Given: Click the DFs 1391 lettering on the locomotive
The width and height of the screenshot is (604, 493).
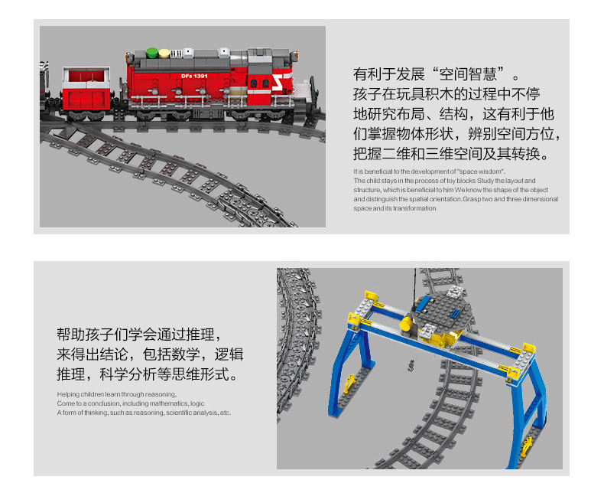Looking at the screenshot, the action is coord(194,76).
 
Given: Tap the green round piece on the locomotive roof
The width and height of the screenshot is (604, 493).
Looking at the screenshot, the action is coord(152,53).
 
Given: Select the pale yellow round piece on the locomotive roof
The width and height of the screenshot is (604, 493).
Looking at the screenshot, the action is coord(164,53).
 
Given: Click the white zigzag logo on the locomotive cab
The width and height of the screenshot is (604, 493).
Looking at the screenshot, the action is coord(278,83).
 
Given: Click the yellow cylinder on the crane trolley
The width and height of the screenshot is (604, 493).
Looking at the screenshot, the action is coord(407,324).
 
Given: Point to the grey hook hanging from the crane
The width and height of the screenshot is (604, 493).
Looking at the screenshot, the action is coord(412,365).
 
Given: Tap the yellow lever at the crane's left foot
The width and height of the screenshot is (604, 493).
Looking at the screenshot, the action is coord(349,384).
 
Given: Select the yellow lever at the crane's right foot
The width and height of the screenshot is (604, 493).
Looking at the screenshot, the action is coord(527,447).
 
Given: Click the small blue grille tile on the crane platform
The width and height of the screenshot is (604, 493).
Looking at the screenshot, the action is coord(456,314).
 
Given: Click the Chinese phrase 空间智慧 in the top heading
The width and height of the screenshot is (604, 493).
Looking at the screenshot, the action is coord(468,74).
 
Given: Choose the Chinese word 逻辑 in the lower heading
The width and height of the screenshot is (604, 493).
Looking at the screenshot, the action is coord(229,354).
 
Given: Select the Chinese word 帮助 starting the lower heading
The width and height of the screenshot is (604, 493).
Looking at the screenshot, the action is coord(71,334).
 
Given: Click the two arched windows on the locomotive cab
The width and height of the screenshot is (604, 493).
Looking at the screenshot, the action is coord(259,83).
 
